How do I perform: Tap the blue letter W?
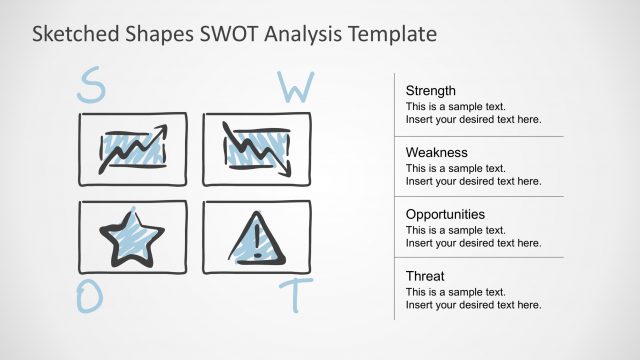click(295, 88)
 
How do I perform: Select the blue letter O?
click(91, 297)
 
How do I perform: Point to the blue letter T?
click(297, 295)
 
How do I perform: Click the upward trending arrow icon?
click(132, 149)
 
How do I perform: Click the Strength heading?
click(430, 91)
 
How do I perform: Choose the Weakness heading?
click(436, 153)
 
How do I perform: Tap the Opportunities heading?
click(445, 214)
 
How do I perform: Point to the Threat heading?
click(425, 276)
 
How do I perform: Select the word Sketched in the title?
click(75, 34)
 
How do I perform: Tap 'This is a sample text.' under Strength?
click(455, 106)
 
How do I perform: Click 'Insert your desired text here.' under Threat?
click(473, 305)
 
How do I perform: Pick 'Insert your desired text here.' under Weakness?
click(473, 181)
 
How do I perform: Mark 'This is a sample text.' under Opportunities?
click(455, 230)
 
